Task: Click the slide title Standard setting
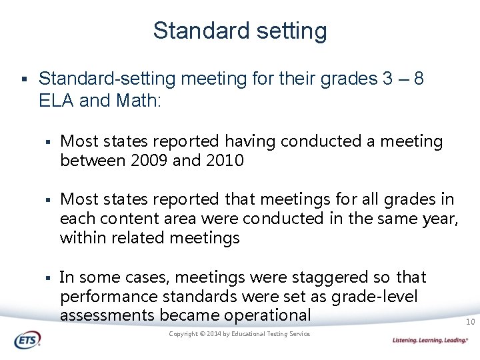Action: tap(240, 31)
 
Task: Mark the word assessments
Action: tap(105, 315)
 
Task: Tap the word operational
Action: tap(269, 315)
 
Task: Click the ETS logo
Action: tap(27, 340)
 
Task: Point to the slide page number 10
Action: tap(470, 323)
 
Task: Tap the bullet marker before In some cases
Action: tap(49, 277)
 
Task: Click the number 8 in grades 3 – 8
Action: tap(418, 79)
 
